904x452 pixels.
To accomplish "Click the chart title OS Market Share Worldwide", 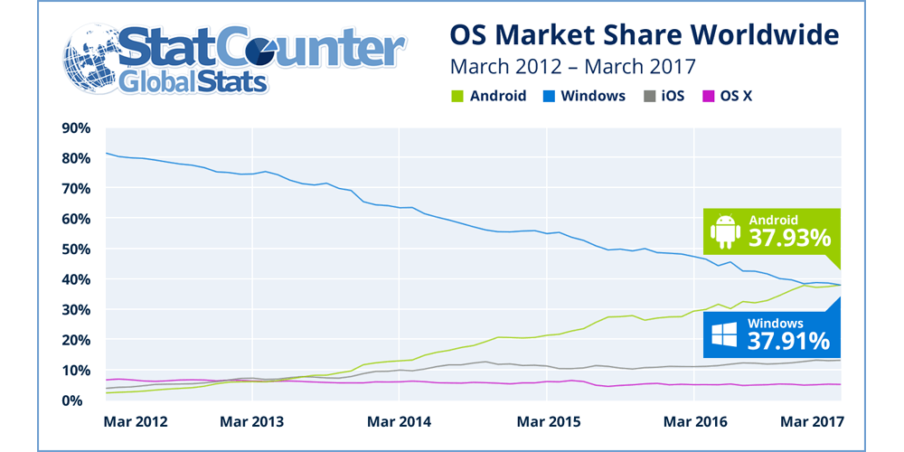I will coord(645,36).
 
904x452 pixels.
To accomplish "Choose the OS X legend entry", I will coord(727,96).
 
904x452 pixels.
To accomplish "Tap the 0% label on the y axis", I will coord(80,400).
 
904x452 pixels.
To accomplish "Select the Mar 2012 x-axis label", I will coord(136,421).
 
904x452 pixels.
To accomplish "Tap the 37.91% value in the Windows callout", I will coord(789,341).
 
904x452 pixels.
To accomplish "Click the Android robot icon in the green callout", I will coord(725,231).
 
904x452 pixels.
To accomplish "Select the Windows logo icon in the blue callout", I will coord(725,334).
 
